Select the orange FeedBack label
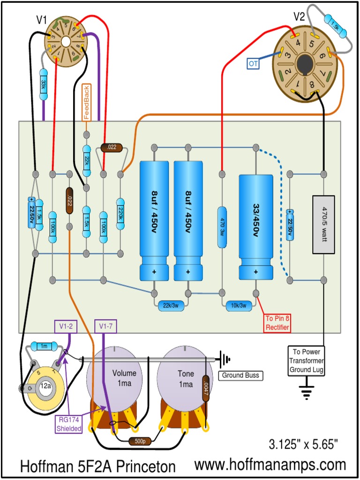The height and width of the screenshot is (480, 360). (86, 102)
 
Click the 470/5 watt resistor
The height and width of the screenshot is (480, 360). (323, 225)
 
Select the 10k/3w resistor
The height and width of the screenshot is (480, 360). (238, 305)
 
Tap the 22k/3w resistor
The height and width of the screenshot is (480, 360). (171, 305)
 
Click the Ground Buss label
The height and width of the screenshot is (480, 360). (240, 375)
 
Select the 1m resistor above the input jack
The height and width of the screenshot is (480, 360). (43, 346)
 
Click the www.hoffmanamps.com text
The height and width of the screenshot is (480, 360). (270, 465)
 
